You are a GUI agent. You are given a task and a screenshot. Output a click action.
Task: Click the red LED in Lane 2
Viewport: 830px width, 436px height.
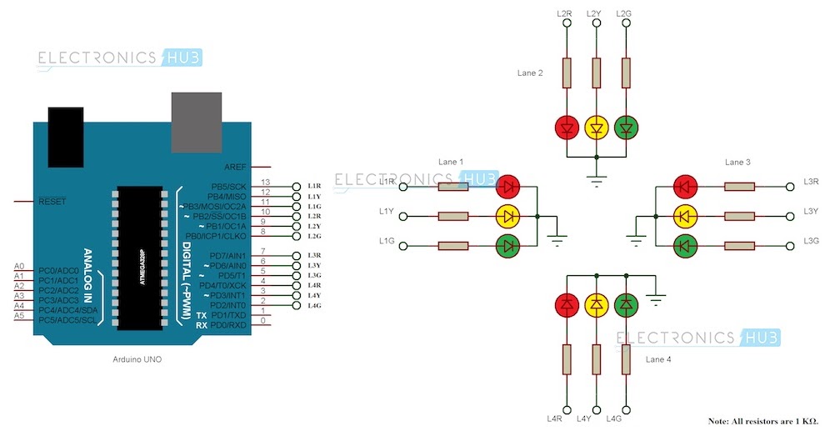[x=567, y=128]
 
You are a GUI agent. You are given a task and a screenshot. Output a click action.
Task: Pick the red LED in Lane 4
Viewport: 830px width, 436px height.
[x=567, y=305]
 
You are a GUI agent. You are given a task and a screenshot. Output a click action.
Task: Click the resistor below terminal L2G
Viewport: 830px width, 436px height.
[x=626, y=73]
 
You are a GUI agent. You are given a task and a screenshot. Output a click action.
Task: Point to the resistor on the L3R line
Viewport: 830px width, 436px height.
[x=738, y=187]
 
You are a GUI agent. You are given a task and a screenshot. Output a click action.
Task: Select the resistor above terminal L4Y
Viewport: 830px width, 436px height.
[x=596, y=359]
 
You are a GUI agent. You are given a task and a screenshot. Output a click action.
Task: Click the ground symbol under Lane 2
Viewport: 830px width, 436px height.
[x=596, y=179]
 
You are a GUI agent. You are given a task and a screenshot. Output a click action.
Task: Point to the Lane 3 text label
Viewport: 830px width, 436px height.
[x=737, y=162]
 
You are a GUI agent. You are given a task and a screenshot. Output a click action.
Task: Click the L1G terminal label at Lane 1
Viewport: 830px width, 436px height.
[x=386, y=240]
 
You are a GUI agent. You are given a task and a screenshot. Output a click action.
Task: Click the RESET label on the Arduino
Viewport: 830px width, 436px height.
[x=52, y=202]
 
